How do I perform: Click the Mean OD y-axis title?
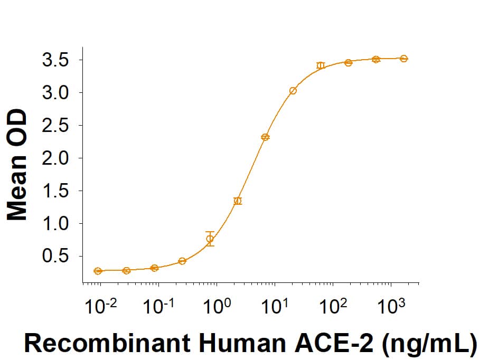point(17,165)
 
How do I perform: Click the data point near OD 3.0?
point(293,91)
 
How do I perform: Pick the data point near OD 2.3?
point(265,137)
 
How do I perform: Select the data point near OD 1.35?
point(238,201)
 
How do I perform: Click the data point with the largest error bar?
point(210,239)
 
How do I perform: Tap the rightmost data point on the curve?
point(403,59)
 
